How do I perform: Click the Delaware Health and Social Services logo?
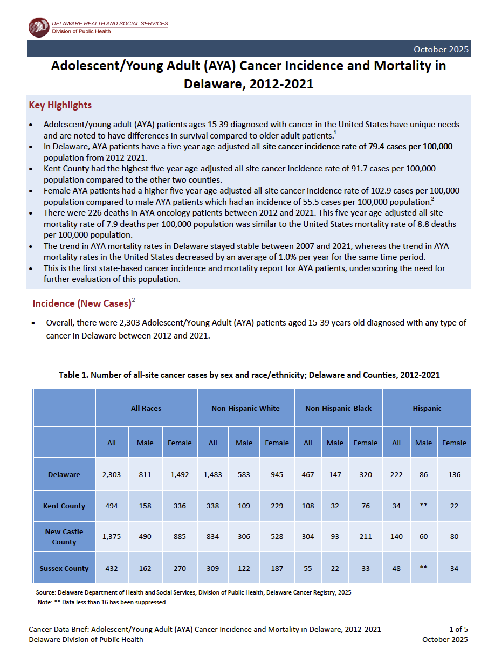(39, 27)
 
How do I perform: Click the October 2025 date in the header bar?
(441, 49)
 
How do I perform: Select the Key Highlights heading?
(60, 105)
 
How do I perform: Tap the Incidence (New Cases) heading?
(82, 303)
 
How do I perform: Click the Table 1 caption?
(249, 375)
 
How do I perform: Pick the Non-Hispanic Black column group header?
(338, 408)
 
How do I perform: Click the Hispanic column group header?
(427, 408)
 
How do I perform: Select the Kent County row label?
(64, 506)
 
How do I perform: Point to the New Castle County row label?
(64, 536)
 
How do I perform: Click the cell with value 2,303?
(111, 474)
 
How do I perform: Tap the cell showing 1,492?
(180, 474)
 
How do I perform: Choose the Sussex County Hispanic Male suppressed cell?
(423, 568)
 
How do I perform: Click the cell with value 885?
(180, 536)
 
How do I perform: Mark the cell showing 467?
(307, 474)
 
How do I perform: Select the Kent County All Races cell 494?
(111, 506)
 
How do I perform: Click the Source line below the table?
(193, 592)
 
